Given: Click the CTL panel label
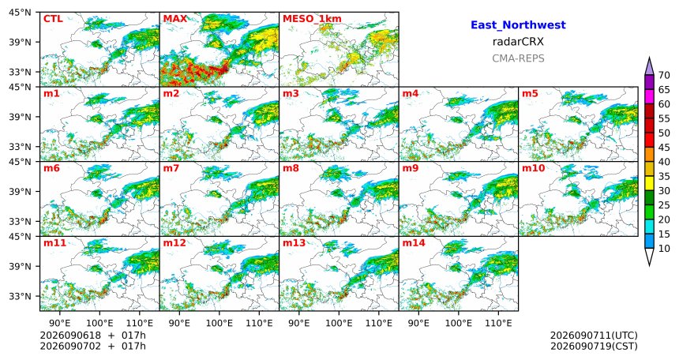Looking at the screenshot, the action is tap(53, 19).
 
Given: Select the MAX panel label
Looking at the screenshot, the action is tap(175, 19).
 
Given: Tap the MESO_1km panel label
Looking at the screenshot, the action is tap(312, 19).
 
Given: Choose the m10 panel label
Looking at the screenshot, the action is tap(533, 168).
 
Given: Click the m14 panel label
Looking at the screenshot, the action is tap(414, 242).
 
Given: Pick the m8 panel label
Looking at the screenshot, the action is tap(291, 168).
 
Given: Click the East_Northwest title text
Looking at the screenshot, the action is tap(518, 25).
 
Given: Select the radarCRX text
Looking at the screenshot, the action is tap(518, 42).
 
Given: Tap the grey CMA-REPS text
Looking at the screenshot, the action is tap(518, 58).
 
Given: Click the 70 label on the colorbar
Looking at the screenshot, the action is tap(664, 75).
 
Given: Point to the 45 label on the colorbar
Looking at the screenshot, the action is tap(664, 148).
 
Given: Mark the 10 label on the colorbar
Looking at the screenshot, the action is tap(664, 248).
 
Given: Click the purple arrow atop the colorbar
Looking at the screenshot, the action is tap(649, 67).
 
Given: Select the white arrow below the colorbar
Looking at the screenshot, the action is tap(649, 257).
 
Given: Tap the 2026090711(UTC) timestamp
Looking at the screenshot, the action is tap(594, 336).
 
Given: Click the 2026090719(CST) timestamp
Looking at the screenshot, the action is tap(594, 346).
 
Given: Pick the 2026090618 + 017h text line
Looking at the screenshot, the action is tap(92, 336).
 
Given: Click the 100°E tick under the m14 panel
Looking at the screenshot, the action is tap(458, 323).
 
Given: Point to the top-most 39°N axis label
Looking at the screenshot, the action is tap(20, 42).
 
